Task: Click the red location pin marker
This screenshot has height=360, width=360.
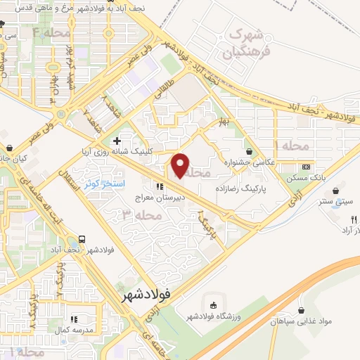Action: tap(181, 165)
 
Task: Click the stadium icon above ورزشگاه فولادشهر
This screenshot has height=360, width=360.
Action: tap(213, 304)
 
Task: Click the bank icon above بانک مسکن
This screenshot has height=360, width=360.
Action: tap(306, 167)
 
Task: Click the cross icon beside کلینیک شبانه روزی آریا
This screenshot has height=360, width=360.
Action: tap(117, 142)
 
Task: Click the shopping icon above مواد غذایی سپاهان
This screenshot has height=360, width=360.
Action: tap(302, 310)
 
